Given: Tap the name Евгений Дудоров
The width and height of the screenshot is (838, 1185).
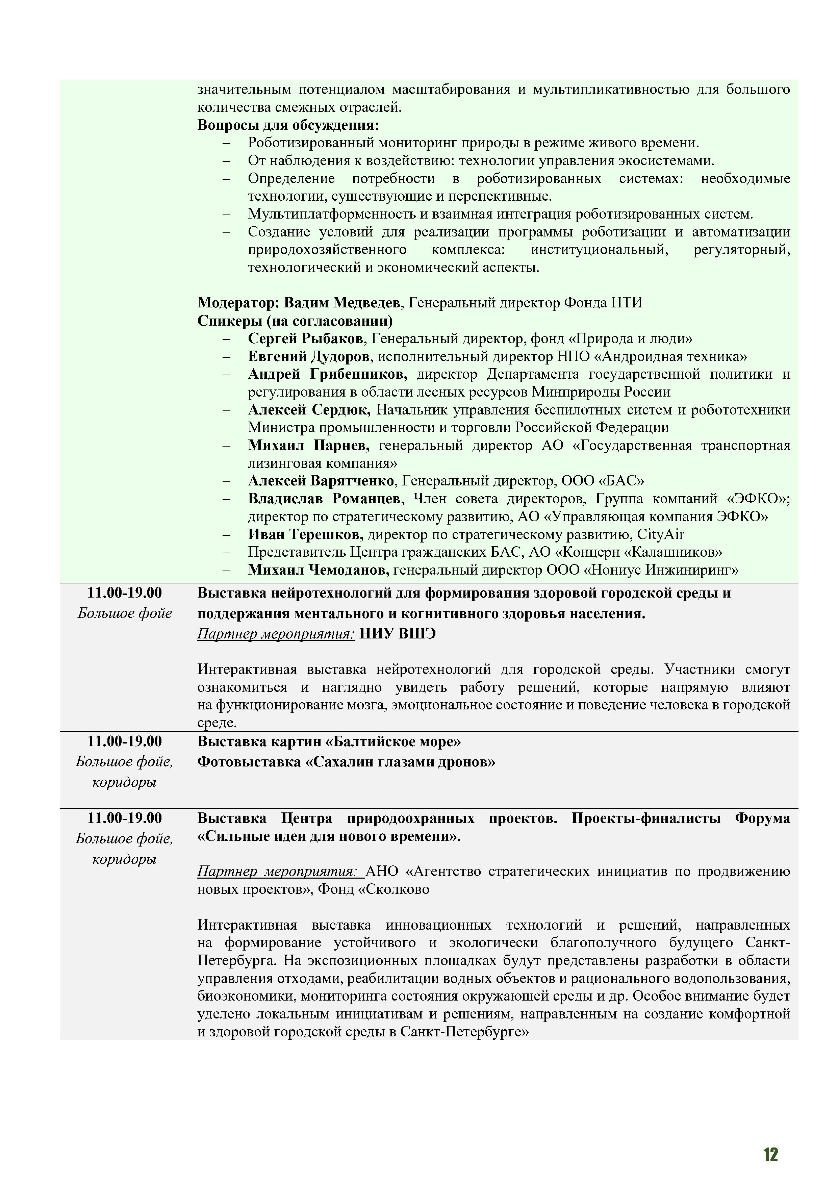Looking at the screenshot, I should pos(309,357).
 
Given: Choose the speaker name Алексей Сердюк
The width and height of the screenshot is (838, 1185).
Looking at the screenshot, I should pos(309,410).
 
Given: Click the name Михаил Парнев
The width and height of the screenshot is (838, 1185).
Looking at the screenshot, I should pos(308,446).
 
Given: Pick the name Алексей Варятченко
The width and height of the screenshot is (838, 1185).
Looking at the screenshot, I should pos(321,481).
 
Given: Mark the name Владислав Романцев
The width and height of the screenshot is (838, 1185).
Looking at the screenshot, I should pos(324,499).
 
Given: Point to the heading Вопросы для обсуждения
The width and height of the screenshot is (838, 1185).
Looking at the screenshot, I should pos(288,125).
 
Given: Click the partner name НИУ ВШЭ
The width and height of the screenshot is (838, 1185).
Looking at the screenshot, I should pos(397,634).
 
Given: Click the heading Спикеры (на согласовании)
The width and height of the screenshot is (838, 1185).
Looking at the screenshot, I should pos(295,321).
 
